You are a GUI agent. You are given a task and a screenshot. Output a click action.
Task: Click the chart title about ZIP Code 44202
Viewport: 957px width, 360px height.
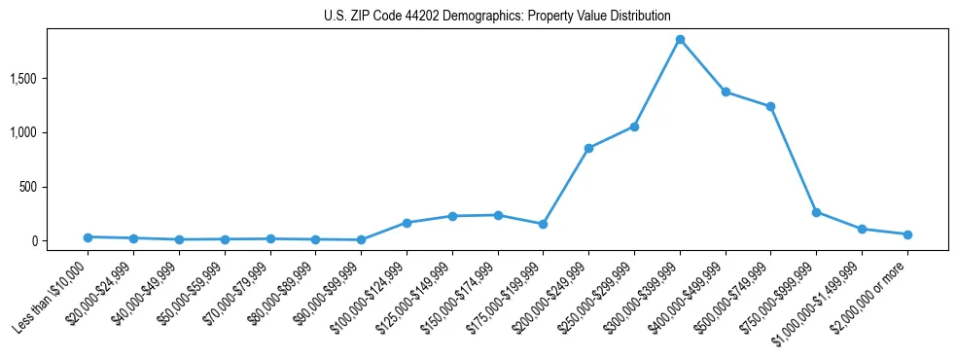(497, 16)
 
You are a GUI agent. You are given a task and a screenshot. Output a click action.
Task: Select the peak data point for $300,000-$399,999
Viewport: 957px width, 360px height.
(680, 40)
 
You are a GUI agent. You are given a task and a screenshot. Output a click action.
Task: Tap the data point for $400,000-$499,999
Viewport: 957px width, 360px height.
(726, 91)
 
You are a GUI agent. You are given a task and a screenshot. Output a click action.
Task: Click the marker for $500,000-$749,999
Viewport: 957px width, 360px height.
(770, 106)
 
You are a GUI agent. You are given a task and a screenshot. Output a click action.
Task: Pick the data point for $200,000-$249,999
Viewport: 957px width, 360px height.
(588, 148)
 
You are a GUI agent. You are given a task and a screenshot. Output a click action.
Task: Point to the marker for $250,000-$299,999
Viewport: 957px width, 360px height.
(634, 126)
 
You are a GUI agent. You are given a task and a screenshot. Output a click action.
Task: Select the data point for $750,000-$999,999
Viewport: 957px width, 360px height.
(816, 212)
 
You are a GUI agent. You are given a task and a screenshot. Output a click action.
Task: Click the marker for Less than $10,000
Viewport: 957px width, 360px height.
(88, 237)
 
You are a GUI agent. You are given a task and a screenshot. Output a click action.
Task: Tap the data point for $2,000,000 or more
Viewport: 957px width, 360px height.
(907, 234)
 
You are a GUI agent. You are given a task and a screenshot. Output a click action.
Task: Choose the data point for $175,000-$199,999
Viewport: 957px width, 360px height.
(544, 224)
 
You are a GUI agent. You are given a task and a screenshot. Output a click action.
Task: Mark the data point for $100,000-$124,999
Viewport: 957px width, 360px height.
(407, 223)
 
